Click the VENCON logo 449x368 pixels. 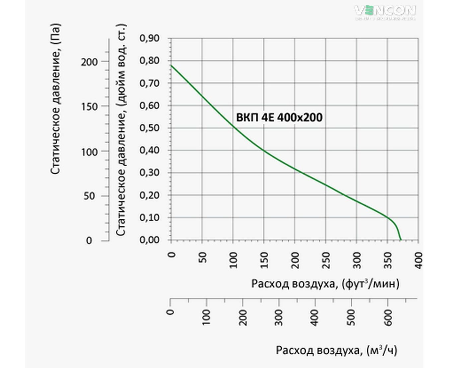385,11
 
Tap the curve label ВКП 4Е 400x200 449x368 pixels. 279,117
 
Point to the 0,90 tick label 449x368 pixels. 149,38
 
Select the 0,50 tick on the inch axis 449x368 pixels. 149,128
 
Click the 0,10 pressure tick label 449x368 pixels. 149,218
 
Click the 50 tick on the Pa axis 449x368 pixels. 89,196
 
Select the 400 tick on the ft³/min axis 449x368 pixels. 418,260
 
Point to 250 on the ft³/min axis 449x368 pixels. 326,260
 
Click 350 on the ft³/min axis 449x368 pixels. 388,260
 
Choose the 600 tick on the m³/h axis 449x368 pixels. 388,317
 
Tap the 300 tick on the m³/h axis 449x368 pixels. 279,317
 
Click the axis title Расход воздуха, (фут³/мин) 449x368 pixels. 325,284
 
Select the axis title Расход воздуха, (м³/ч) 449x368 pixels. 336,350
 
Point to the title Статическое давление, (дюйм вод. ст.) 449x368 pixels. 121,130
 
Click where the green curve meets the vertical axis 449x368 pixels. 171,65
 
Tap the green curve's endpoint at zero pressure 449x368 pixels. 401,240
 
